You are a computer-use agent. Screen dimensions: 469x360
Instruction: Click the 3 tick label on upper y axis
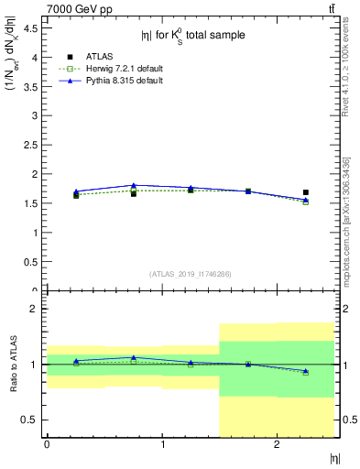pos(34,115)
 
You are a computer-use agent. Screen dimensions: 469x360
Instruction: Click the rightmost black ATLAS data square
pos(306,192)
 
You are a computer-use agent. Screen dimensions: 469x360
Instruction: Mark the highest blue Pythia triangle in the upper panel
pos(134,186)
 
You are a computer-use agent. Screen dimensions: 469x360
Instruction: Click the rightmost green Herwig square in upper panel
pos(306,202)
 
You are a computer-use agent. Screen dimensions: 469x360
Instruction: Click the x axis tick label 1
pos(162,444)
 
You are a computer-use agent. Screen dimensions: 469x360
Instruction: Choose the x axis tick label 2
pos(278,444)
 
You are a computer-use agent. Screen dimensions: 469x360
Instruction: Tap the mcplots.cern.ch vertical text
pos(345,220)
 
